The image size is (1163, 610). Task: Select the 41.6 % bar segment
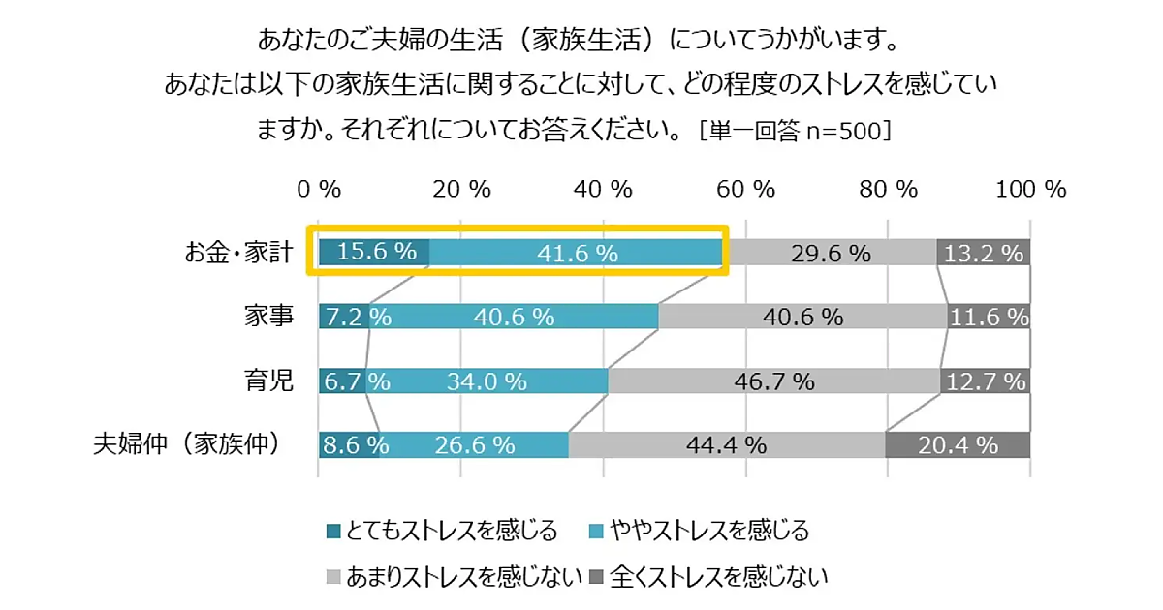(x=578, y=252)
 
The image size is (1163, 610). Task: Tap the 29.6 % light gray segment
(x=831, y=252)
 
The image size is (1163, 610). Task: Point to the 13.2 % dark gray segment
(x=983, y=252)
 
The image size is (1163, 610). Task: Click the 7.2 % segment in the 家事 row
(x=344, y=316)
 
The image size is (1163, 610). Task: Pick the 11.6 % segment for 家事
(x=989, y=316)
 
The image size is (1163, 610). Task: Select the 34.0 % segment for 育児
(x=487, y=381)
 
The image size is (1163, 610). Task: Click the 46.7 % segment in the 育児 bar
(x=773, y=381)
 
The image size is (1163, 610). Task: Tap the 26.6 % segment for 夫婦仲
(x=475, y=444)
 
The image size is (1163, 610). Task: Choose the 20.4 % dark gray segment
(x=958, y=444)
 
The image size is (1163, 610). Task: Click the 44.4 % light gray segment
(x=727, y=444)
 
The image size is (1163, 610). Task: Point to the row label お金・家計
(x=237, y=253)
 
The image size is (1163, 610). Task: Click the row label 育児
(x=268, y=381)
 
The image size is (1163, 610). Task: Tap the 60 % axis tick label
(x=745, y=189)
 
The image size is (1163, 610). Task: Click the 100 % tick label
(x=1030, y=189)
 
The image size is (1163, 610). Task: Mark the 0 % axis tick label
(x=319, y=189)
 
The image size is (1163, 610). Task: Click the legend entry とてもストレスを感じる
(x=442, y=531)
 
